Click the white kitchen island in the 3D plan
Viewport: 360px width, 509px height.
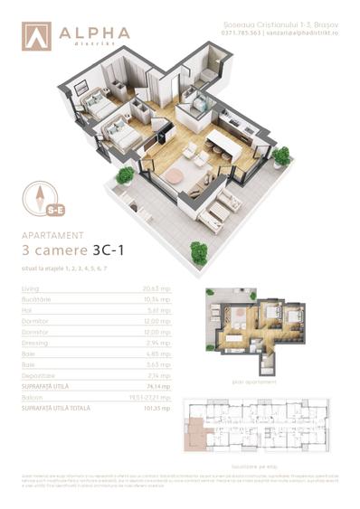(227, 145)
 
